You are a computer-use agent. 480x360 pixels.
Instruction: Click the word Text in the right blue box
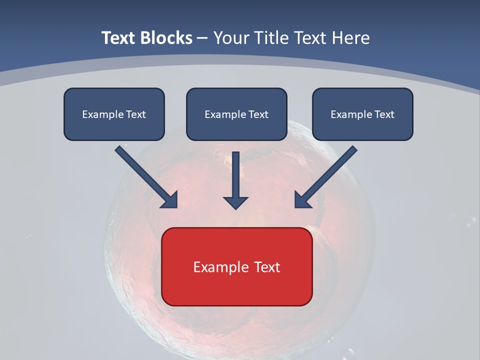click(x=384, y=114)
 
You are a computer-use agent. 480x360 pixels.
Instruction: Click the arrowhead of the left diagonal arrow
click(x=170, y=200)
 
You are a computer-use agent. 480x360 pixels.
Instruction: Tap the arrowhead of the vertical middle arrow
click(x=235, y=202)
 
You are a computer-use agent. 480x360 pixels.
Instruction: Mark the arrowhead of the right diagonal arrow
click(x=302, y=200)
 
